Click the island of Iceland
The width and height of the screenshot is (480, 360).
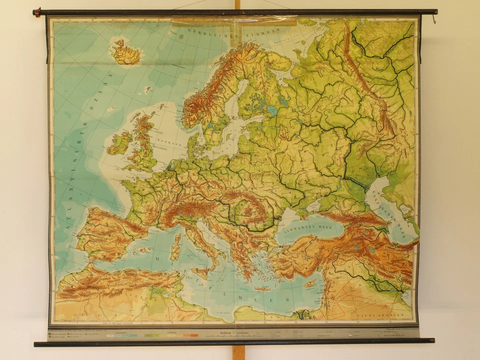125,53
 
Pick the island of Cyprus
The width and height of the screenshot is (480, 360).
310,283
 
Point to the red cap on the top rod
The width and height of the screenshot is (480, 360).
36,12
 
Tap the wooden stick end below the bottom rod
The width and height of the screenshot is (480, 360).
238,352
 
